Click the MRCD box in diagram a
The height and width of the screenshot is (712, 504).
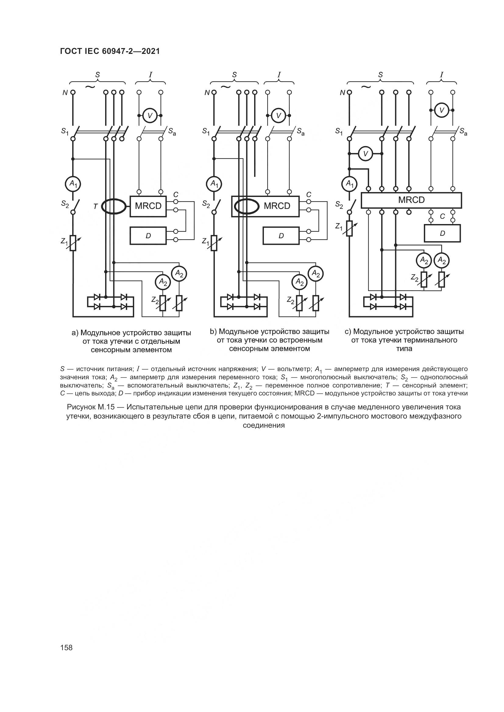point(148,206)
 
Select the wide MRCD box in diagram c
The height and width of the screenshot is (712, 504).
point(411,200)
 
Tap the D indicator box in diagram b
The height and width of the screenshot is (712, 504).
point(281,236)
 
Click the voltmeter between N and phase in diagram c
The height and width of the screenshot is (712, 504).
point(366,153)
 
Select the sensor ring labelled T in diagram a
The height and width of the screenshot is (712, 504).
point(114,206)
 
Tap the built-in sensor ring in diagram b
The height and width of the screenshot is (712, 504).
point(247,206)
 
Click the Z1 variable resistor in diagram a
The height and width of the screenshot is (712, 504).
point(73,243)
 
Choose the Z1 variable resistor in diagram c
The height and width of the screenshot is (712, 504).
point(350,228)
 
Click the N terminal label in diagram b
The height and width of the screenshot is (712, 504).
point(207,93)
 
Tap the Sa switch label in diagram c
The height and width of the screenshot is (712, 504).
point(463,132)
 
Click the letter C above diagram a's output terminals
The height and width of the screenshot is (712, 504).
point(176,195)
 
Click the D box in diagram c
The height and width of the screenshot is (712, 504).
point(442,233)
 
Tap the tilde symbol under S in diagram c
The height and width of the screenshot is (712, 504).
point(367,87)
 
